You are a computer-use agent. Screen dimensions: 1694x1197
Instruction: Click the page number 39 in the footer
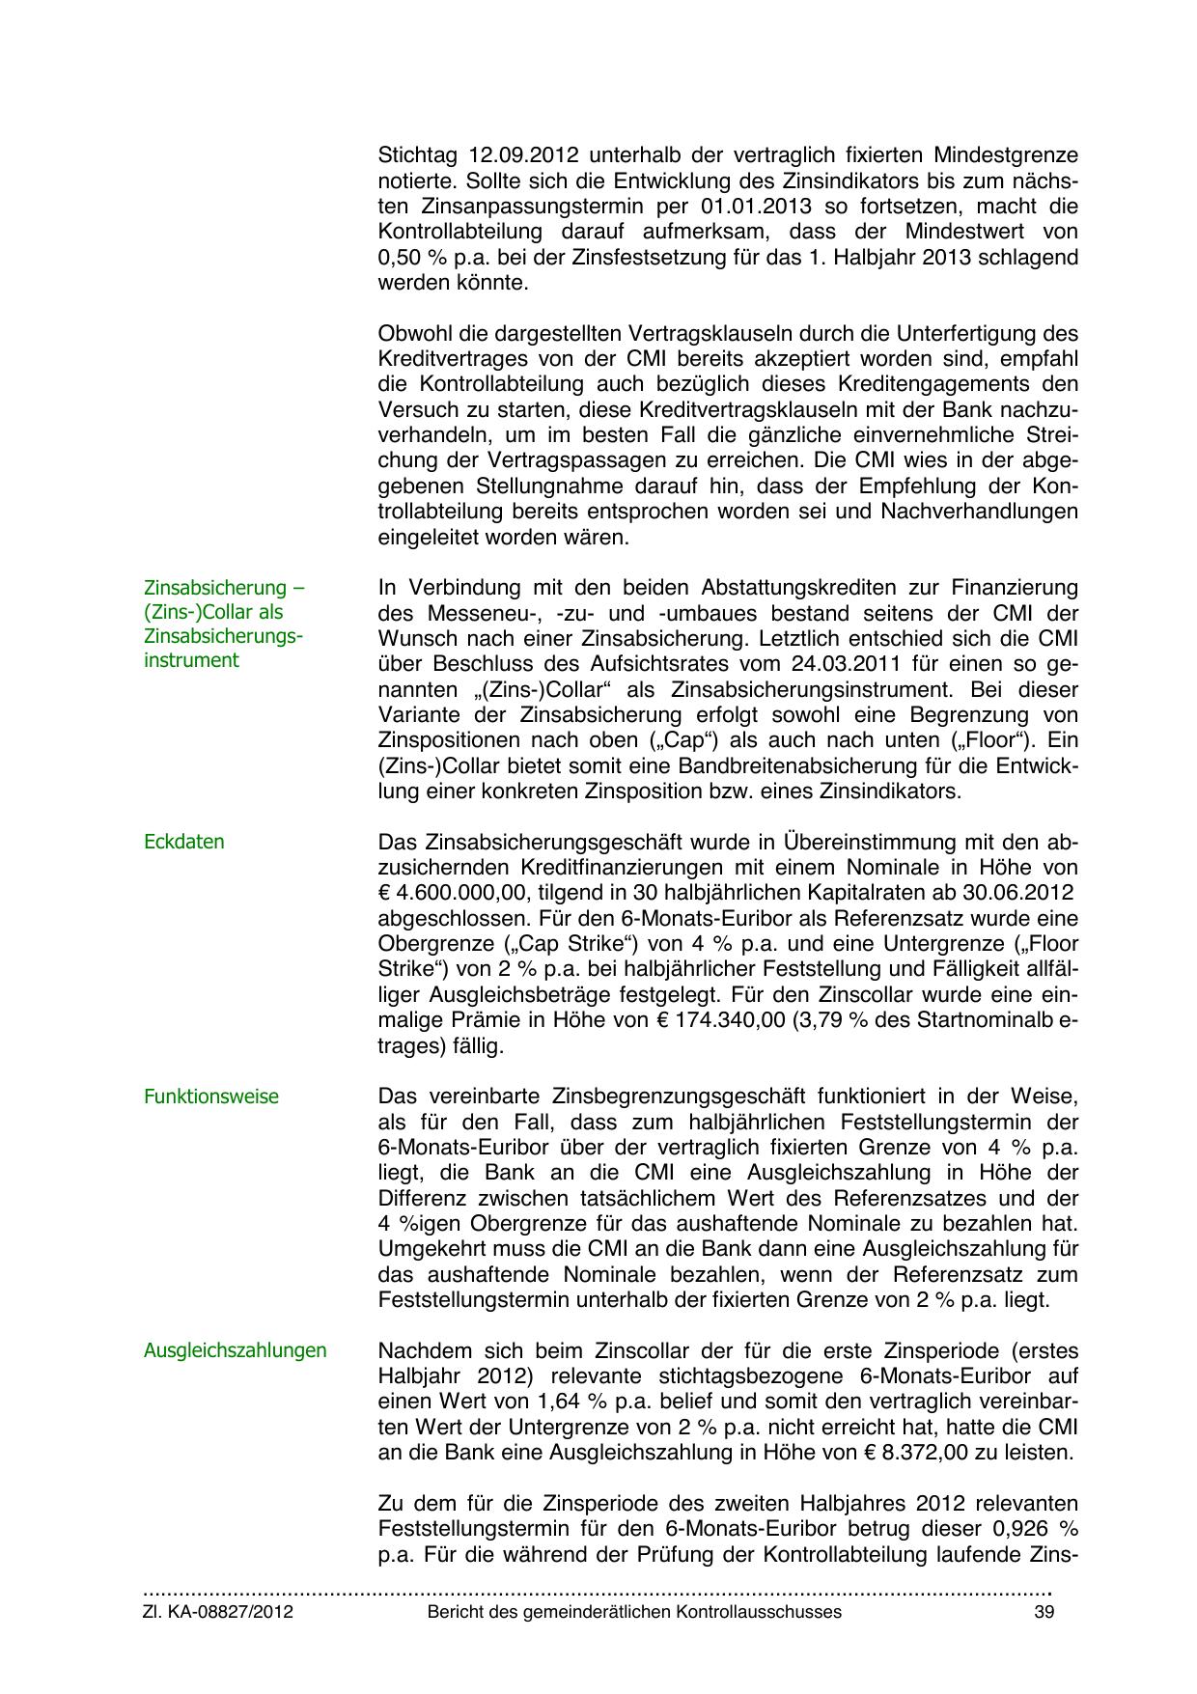(x=1044, y=1612)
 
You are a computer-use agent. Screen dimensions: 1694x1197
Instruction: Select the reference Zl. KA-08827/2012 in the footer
(x=218, y=1612)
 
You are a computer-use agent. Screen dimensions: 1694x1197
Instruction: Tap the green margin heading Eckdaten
(x=183, y=842)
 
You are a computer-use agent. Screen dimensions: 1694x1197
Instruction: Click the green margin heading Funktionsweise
(x=210, y=1097)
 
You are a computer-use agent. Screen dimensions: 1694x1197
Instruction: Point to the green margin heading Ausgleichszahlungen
(x=235, y=1350)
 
